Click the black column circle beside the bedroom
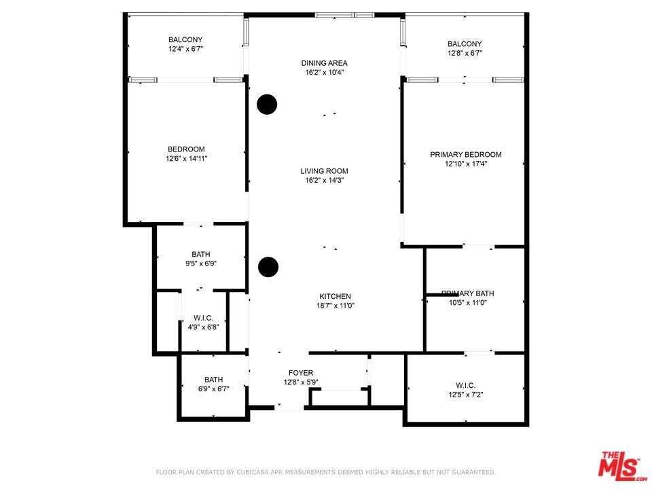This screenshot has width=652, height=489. click(x=267, y=105)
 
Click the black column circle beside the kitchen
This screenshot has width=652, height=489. click(x=268, y=267)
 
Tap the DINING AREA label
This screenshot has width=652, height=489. click(x=325, y=63)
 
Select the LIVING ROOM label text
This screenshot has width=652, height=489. click(x=325, y=171)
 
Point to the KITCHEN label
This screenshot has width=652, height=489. click(x=335, y=297)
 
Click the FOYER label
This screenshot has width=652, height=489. click(x=301, y=373)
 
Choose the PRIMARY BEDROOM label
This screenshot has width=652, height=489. click(x=466, y=155)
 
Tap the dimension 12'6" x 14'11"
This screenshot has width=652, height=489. click(x=186, y=158)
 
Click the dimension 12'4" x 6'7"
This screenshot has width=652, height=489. click(x=185, y=49)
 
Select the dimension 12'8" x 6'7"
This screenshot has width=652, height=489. click(x=465, y=53)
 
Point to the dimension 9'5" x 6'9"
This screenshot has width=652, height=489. click(x=201, y=264)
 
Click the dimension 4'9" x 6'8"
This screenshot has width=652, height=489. click(x=203, y=327)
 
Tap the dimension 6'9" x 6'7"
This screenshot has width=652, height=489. click(x=213, y=389)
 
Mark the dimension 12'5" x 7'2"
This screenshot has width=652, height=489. click(x=466, y=395)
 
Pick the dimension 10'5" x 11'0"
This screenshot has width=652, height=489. click(x=468, y=303)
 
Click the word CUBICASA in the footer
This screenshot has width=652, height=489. click(x=254, y=473)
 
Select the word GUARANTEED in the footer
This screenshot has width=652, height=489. click(x=472, y=473)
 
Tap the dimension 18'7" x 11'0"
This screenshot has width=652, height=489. click(x=335, y=306)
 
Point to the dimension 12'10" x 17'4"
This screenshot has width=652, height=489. click(x=466, y=164)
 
